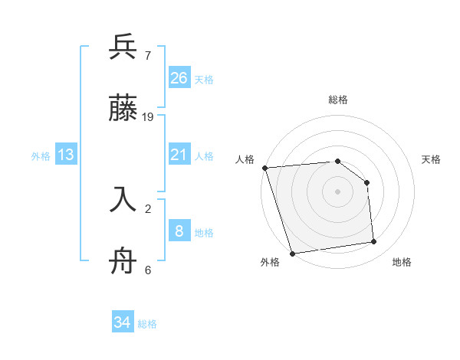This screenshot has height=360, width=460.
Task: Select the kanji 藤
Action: [123, 109]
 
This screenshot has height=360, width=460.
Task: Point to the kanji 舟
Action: [123, 261]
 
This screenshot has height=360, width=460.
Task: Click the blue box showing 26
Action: [179, 78]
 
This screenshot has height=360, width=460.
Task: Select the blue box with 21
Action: [179, 155]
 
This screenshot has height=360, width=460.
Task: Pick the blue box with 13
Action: [66, 155]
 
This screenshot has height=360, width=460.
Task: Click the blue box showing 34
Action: [123, 323]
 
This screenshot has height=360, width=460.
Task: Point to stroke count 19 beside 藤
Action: [149, 117]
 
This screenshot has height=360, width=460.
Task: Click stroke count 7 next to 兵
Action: [147, 55]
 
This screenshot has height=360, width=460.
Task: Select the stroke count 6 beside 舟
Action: [147, 270]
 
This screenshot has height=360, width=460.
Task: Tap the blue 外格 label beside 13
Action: [41, 156]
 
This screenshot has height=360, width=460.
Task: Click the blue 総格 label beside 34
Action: [147, 324]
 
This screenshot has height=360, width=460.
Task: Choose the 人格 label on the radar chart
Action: [245, 159]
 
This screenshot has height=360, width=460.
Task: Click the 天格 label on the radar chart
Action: [432, 159]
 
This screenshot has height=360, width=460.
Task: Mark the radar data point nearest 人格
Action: [264, 168]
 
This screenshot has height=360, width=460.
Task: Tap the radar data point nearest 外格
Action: [292, 253]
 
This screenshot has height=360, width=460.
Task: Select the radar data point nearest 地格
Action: [374, 242]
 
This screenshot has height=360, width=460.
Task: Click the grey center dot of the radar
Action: [337, 191]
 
